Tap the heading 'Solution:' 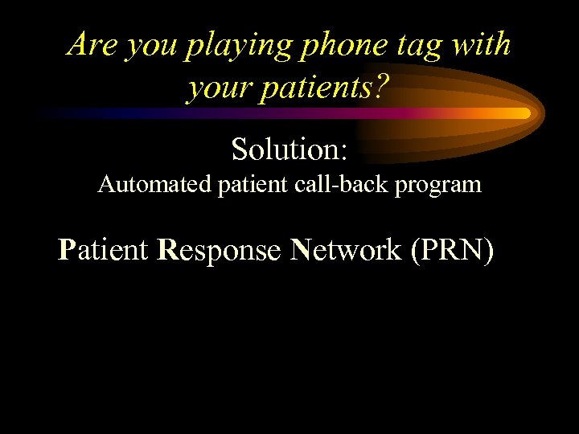point(289,149)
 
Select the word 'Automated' point(153,185)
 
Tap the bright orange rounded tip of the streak point(524,113)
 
